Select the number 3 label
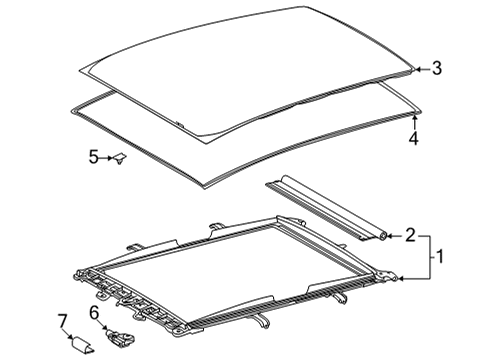(436, 69)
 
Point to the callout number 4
(413, 139)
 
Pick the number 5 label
(93, 157)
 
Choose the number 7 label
(62, 320)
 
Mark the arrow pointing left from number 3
(421, 69)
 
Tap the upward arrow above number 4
(413, 123)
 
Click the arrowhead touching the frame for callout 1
(402, 279)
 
